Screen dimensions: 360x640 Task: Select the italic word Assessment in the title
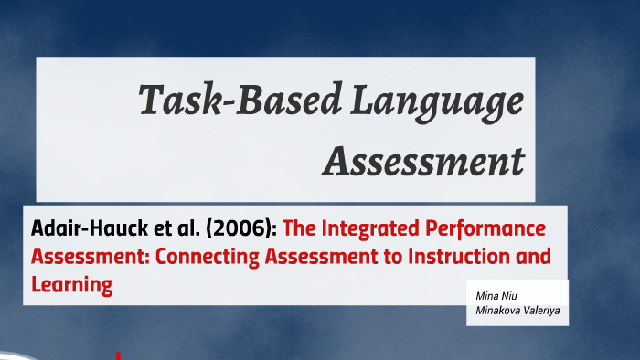tap(423, 162)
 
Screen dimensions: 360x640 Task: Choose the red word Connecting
tap(208, 257)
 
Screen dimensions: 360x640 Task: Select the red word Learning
tap(71, 285)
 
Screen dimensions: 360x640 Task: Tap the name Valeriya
tap(540, 310)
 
